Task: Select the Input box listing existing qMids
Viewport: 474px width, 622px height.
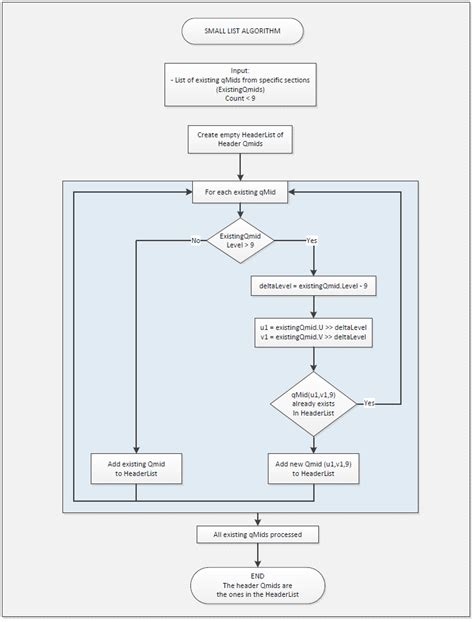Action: [x=241, y=85]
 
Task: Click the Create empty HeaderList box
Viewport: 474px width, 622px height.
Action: [x=241, y=139]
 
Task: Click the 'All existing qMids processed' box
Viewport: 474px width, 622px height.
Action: [x=257, y=535]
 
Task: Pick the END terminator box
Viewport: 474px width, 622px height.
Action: [x=257, y=585]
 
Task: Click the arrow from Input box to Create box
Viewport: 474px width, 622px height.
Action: [x=241, y=115]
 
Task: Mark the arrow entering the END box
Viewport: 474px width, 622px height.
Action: [x=257, y=556]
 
